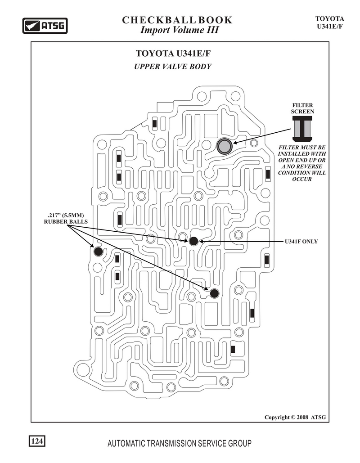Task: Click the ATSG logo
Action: [45, 26]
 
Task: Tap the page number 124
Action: [37, 441]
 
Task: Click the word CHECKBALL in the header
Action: [158, 20]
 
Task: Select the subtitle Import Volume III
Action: [179, 30]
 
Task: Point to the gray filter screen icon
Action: [302, 128]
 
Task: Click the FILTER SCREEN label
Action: [302, 108]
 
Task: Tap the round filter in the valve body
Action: [225, 146]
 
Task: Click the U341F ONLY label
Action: [301, 242]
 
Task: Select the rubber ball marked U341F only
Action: [193, 241]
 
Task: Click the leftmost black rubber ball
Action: [98, 252]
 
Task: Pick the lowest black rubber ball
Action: [214, 293]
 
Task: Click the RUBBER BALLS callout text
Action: [66, 221]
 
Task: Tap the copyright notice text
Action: [295, 417]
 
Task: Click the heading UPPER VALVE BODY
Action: [173, 67]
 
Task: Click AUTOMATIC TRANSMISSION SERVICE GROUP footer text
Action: [180, 443]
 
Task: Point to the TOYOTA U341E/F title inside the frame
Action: [173, 54]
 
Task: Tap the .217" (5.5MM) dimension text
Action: [66, 215]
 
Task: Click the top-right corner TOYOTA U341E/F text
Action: [329, 22]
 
